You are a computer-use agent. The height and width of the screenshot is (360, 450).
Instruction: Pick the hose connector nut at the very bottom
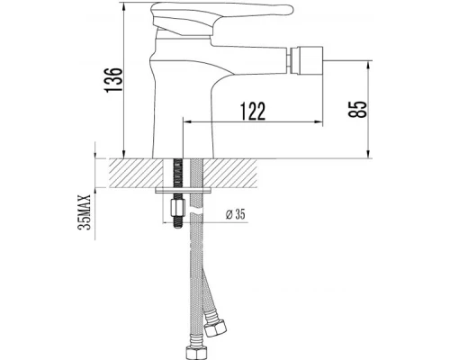[x=193, y=346]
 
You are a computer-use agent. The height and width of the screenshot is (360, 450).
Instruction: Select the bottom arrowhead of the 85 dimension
[x=369, y=155]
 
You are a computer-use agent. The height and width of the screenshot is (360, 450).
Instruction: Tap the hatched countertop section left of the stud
[x=135, y=173]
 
